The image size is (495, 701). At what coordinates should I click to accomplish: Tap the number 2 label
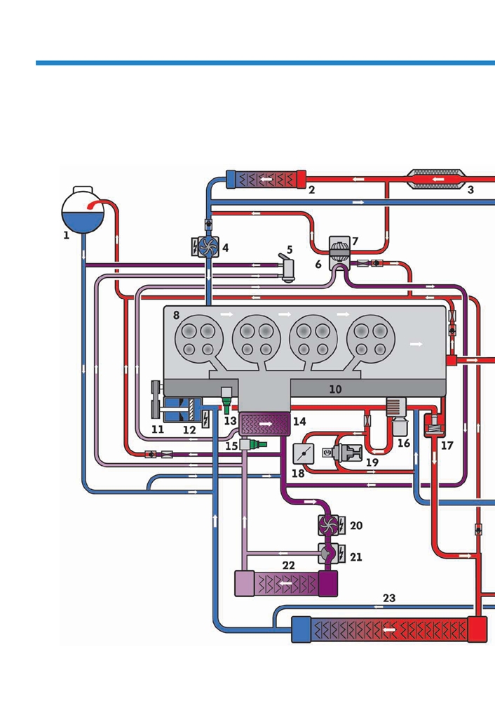312,190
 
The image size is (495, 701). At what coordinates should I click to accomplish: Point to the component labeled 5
287,268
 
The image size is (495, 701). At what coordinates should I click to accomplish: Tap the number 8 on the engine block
177,315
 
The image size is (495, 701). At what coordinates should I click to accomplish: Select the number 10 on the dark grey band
335,389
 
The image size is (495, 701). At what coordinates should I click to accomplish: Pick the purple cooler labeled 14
265,424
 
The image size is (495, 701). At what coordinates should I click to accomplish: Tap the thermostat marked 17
434,425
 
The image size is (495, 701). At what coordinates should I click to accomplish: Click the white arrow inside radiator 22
286,583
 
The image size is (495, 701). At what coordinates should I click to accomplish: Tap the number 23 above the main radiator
389,598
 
